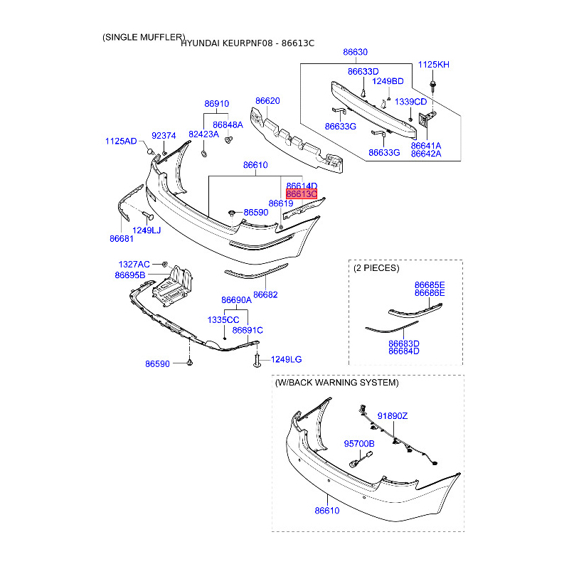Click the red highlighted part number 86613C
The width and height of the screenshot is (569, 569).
coord(302,194)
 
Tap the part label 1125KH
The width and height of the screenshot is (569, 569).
coord(434,65)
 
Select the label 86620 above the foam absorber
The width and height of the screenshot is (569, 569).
coord(267,101)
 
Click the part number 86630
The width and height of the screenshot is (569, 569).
coord(355,52)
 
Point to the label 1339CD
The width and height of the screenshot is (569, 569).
coord(411,102)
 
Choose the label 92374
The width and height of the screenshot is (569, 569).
coord(164,136)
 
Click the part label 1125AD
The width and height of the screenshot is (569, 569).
coord(121,141)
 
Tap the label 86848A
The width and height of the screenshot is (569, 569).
coord(228,125)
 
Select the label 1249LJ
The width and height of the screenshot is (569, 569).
coord(147,230)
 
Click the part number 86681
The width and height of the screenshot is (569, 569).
coord(122,239)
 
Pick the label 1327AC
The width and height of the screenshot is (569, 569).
coord(134,265)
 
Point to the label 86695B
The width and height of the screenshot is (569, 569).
coord(130,275)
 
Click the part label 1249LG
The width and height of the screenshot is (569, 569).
coord(287,360)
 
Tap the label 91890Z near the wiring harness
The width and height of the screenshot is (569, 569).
coord(393,416)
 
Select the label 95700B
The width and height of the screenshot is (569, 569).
coord(359,444)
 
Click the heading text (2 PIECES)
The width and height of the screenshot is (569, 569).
coord(376,268)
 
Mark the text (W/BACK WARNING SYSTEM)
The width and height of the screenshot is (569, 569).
coord(336,383)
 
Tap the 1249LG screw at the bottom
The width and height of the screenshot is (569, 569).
coord(257,361)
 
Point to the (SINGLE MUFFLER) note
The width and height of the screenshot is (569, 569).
coord(144,38)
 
